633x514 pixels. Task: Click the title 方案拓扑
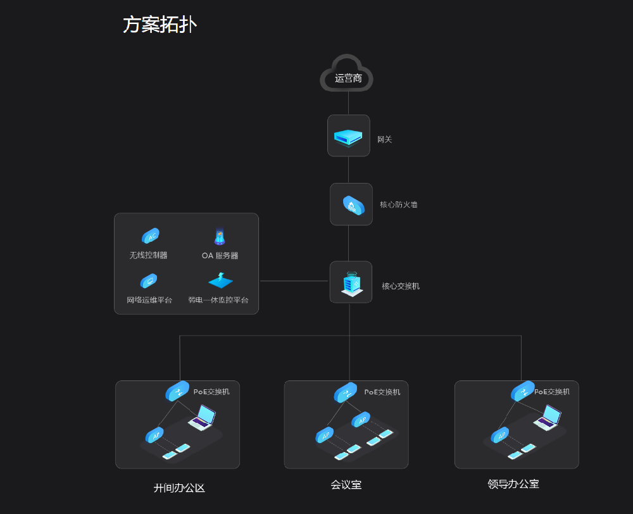pos(160,25)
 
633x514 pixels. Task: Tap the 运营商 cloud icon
pos(347,75)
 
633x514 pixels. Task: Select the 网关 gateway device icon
pos(348,135)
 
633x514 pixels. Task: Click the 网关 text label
pos(384,140)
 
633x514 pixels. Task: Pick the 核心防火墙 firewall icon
pos(352,204)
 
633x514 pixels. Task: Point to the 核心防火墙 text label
pos(398,205)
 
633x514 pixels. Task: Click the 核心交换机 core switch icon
pos(351,282)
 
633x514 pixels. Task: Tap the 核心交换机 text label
pos(400,286)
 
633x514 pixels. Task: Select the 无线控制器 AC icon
pos(150,237)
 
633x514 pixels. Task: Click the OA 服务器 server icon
pos(219,237)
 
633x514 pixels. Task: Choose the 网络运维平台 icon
pos(149,280)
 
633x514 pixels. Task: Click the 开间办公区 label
pos(179,488)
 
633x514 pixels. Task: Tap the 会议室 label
pos(346,485)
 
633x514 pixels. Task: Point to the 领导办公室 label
pos(513,484)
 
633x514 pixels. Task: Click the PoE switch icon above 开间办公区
pos(177,391)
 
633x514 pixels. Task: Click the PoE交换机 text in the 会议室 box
pos(382,392)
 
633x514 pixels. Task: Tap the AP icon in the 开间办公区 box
pos(154,436)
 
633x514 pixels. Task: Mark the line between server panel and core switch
pos(294,281)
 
